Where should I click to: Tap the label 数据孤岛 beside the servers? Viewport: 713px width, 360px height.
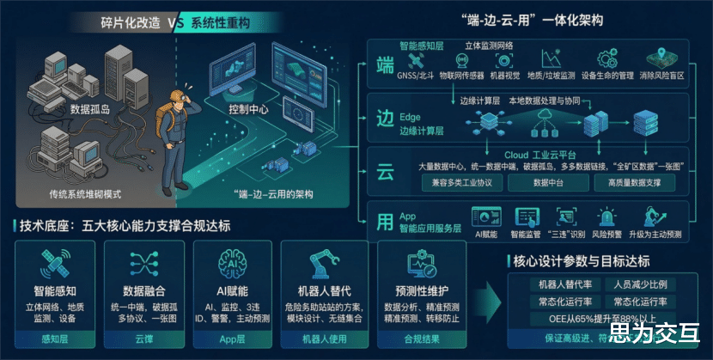pos(91,110)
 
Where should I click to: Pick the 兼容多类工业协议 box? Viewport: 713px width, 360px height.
pos(462,183)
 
